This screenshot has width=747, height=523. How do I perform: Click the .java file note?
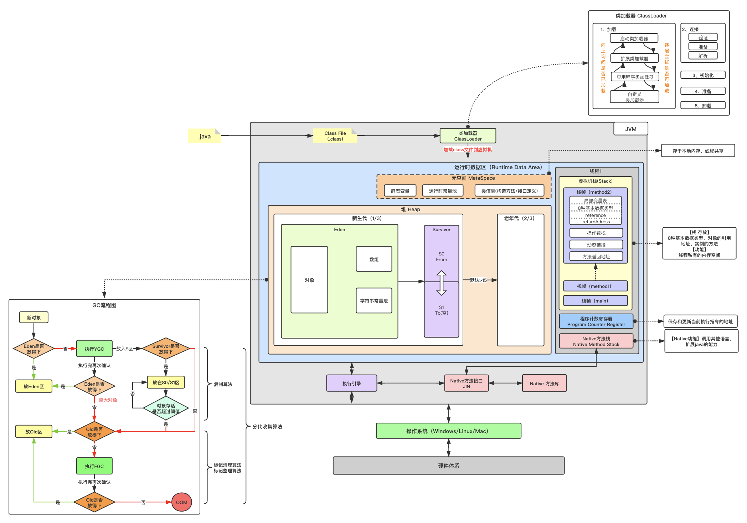tap(205, 136)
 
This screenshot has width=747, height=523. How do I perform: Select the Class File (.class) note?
tap(335, 136)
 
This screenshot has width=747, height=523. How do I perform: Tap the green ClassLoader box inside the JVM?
tap(468, 136)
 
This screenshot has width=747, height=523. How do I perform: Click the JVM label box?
tap(630, 129)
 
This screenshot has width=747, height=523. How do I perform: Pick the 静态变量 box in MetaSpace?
tap(400, 191)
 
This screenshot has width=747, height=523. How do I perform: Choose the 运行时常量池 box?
tap(443, 191)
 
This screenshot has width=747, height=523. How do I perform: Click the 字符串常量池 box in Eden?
tap(374, 301)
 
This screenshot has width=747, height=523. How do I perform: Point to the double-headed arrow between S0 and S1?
tap(442, 283)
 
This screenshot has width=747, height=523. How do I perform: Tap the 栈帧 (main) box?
tap(595, 301)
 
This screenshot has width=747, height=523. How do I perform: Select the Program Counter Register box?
tap(596, 321)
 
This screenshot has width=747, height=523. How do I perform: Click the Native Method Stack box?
tap(596, 341)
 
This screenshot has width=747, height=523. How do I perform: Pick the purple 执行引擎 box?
tap(352, 384)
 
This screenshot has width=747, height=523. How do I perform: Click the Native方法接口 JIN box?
tap(467, 384)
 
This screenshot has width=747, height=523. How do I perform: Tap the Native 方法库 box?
tap(544, 384)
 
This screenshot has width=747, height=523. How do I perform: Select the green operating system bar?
tap(449, 431)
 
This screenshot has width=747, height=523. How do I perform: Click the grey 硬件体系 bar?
tap(449, 466)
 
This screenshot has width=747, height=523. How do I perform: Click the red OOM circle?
tap(182, 502)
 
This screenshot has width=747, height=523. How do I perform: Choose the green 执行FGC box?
tap(94, 466)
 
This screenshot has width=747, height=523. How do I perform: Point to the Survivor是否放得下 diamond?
tap(166, 349)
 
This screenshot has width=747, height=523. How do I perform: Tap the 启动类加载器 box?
tap(634, 38)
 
